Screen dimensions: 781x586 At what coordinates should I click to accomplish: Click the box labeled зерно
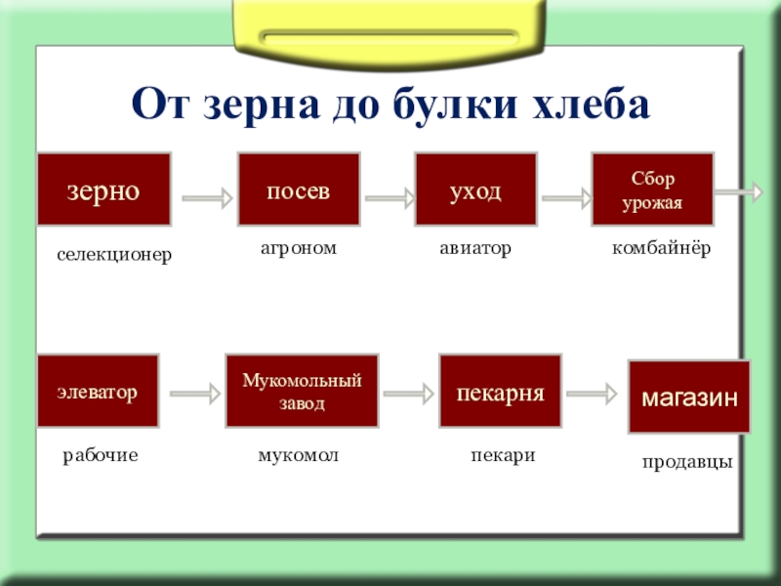pos(103,189)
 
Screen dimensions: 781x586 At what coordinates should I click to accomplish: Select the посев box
pos(299,189)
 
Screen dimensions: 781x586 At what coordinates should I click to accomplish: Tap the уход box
pos(475,189)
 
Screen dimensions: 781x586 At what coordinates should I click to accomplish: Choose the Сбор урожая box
pos(653,189)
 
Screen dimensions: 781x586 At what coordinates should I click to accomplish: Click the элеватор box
pos(97,392)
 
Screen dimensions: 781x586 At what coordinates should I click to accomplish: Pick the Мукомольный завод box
pos(302,392)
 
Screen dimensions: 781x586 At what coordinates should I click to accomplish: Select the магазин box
pos(688,397)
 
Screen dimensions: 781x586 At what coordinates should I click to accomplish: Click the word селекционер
pos(113,255)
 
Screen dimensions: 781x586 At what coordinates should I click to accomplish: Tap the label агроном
pos(298,249)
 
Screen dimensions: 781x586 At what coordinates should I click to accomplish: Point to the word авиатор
pos(475,249)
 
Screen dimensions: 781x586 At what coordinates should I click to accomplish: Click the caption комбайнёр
pos(661,249)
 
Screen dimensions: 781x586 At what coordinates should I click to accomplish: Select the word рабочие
pos(101,455)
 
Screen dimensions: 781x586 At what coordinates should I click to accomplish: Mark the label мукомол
pos(299,455)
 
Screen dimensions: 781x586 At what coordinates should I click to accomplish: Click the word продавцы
pos(687,463)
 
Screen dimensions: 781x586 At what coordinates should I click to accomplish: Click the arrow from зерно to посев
pos(207,198)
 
